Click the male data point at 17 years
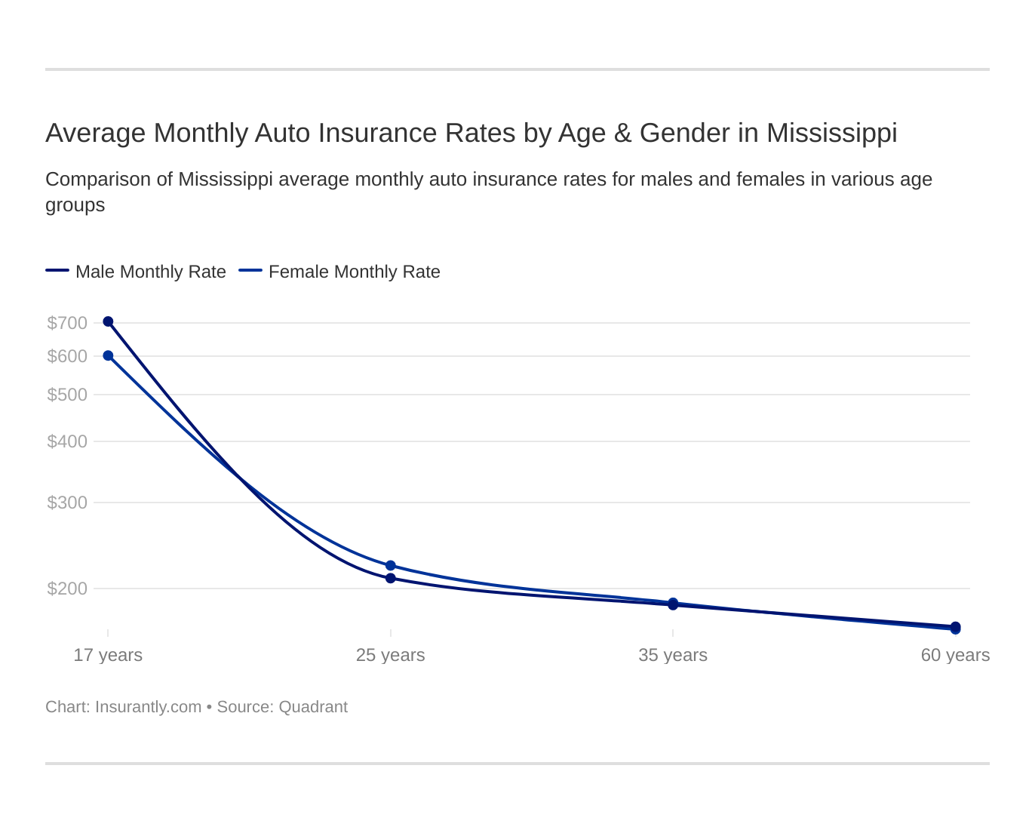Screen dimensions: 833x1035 click(x=108, y=321)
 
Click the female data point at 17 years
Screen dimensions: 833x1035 click(x=108, y=355)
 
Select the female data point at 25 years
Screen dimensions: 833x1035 click(x=391, y=565)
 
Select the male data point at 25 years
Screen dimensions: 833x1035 click(x=391, y=578)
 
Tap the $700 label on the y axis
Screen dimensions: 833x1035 click(x=67, y=323)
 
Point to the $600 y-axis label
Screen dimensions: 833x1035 click(x=67, y=356)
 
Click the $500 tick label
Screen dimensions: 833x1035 click(x=67, y=395)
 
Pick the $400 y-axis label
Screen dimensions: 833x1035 click(x=67, y=441)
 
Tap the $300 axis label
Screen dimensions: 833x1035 click(x=67, y=503)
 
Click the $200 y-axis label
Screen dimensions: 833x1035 click(x=67, y=589)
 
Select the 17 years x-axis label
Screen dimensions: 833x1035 click(x=108, y=655)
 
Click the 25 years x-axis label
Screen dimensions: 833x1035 click(x=390, y=655)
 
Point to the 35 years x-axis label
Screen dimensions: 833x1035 click(x=673, y=655)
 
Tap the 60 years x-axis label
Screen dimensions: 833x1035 click(x=955, y=655)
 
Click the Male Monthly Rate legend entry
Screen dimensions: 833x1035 click(x=150, y=272)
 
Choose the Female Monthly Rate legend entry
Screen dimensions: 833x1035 click(x=354, y=272)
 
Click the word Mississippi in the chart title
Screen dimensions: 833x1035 click(x=831, y=133)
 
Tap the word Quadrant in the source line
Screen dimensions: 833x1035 click(x=313, y=707)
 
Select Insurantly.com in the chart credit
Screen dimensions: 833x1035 click(x=148, y=707)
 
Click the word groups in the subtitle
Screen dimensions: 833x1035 click(x=75, y=205)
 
